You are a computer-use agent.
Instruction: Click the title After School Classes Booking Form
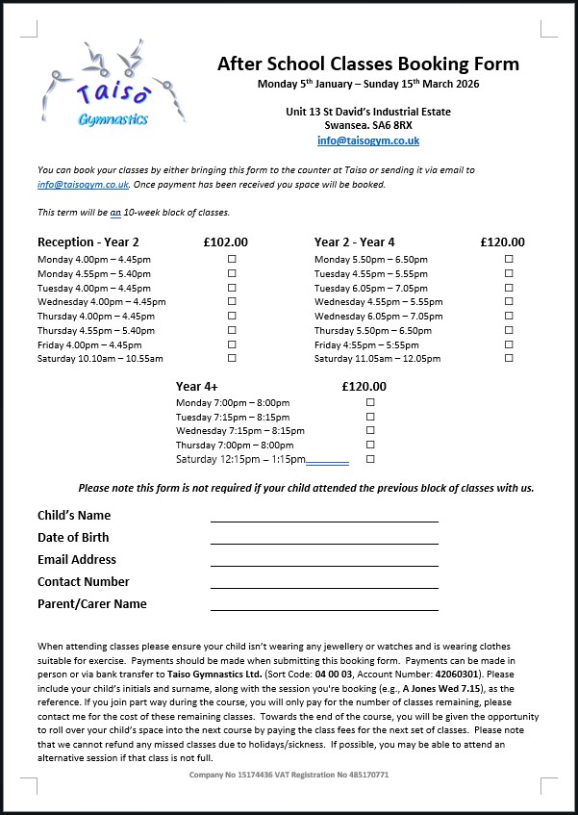tap(367, 64)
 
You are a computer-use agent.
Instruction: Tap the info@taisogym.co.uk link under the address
tap(367, 140)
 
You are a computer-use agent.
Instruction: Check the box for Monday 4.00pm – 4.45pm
tap(232, 260)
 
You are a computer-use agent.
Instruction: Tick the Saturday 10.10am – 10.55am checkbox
tap(232, 359)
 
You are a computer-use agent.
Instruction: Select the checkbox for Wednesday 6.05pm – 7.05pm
tap(509, 317)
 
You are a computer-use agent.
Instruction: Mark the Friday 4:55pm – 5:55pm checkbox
tap(509, 344)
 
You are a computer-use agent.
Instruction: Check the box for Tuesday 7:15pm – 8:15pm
tap(370, 417)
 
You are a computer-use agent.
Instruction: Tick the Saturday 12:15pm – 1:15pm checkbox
tap(370, 459)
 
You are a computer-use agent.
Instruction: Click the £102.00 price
tap(226, 242)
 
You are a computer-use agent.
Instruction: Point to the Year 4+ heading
tap(196, 386)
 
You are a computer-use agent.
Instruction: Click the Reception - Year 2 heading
tap(88, 242)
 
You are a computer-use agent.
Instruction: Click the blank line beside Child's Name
tap(324, 520)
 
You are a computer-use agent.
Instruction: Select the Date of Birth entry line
tap(324, 542)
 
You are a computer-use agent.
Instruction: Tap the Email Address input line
tap(324, 564)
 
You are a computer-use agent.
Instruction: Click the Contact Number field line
tap(324, 586)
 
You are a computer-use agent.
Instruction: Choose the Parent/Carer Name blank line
tap(324, 608)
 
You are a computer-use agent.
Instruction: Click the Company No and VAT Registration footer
tap(289, 775)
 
